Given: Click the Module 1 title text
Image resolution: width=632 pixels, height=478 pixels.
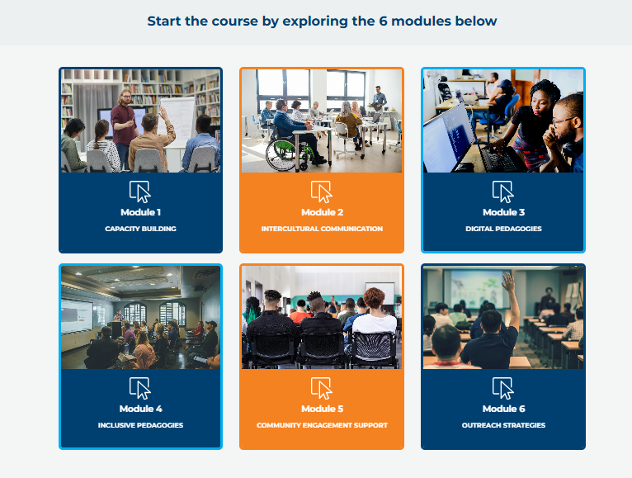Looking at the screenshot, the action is (x=140, y=212).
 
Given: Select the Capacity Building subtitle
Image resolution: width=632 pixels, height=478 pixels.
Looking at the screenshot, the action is (x=140, y=229).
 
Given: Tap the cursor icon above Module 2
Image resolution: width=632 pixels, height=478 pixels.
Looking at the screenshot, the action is (x=321, y=192).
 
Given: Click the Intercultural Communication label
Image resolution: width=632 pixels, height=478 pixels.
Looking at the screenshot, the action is (x=322, y=229).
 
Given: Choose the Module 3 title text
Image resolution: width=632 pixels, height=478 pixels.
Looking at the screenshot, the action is (x=503, y=212).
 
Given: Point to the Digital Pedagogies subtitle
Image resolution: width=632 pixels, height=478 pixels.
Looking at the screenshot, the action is (x=503, y=229).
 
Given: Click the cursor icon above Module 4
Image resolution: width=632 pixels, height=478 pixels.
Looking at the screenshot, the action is (x=140, y=388).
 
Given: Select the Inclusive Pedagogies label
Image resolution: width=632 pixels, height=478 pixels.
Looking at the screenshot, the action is (x=140, y=425).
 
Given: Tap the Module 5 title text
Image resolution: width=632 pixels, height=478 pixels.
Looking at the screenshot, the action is (x=322, y=409).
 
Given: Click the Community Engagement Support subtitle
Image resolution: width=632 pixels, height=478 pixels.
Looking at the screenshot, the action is (x=322, y=425).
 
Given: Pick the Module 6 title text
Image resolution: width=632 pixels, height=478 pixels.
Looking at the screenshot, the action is (x=503, y=409).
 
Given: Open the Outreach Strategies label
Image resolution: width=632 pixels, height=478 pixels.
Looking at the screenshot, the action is (x=503, y=425).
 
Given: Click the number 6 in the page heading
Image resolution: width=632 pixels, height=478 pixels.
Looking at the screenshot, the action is (x=383, y=21).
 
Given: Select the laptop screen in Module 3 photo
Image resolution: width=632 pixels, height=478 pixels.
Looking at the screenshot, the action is (x=447, y=136).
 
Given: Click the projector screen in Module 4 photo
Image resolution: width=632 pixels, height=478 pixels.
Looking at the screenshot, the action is (x=77, y=316).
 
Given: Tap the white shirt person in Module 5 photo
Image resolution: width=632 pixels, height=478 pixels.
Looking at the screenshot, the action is (x=375, y=319).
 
